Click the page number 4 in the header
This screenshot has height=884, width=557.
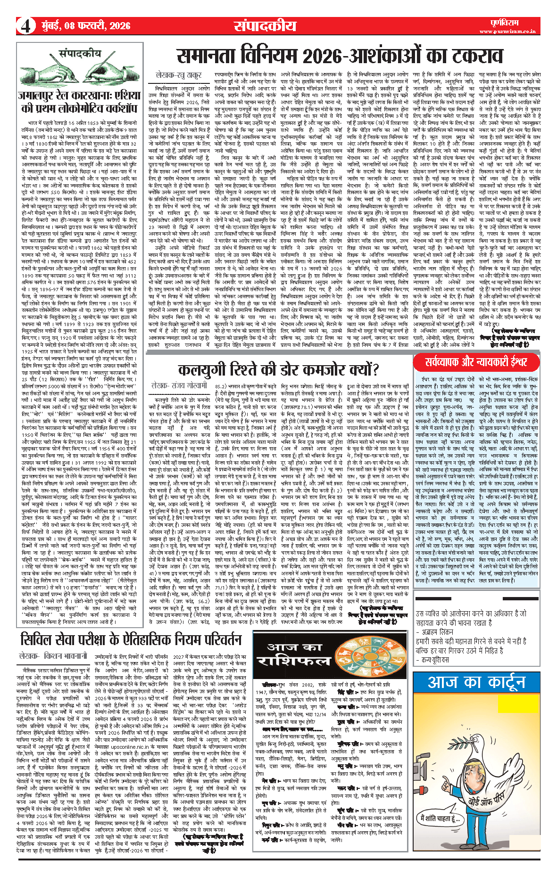point(26,26)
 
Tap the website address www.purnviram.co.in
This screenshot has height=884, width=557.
point(507,32)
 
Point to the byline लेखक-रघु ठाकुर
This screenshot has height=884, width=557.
point(179,74)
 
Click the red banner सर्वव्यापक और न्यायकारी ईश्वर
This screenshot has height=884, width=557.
point(476,362)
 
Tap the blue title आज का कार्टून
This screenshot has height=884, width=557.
point(476,682)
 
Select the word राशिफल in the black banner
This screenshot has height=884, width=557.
point(297,660)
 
